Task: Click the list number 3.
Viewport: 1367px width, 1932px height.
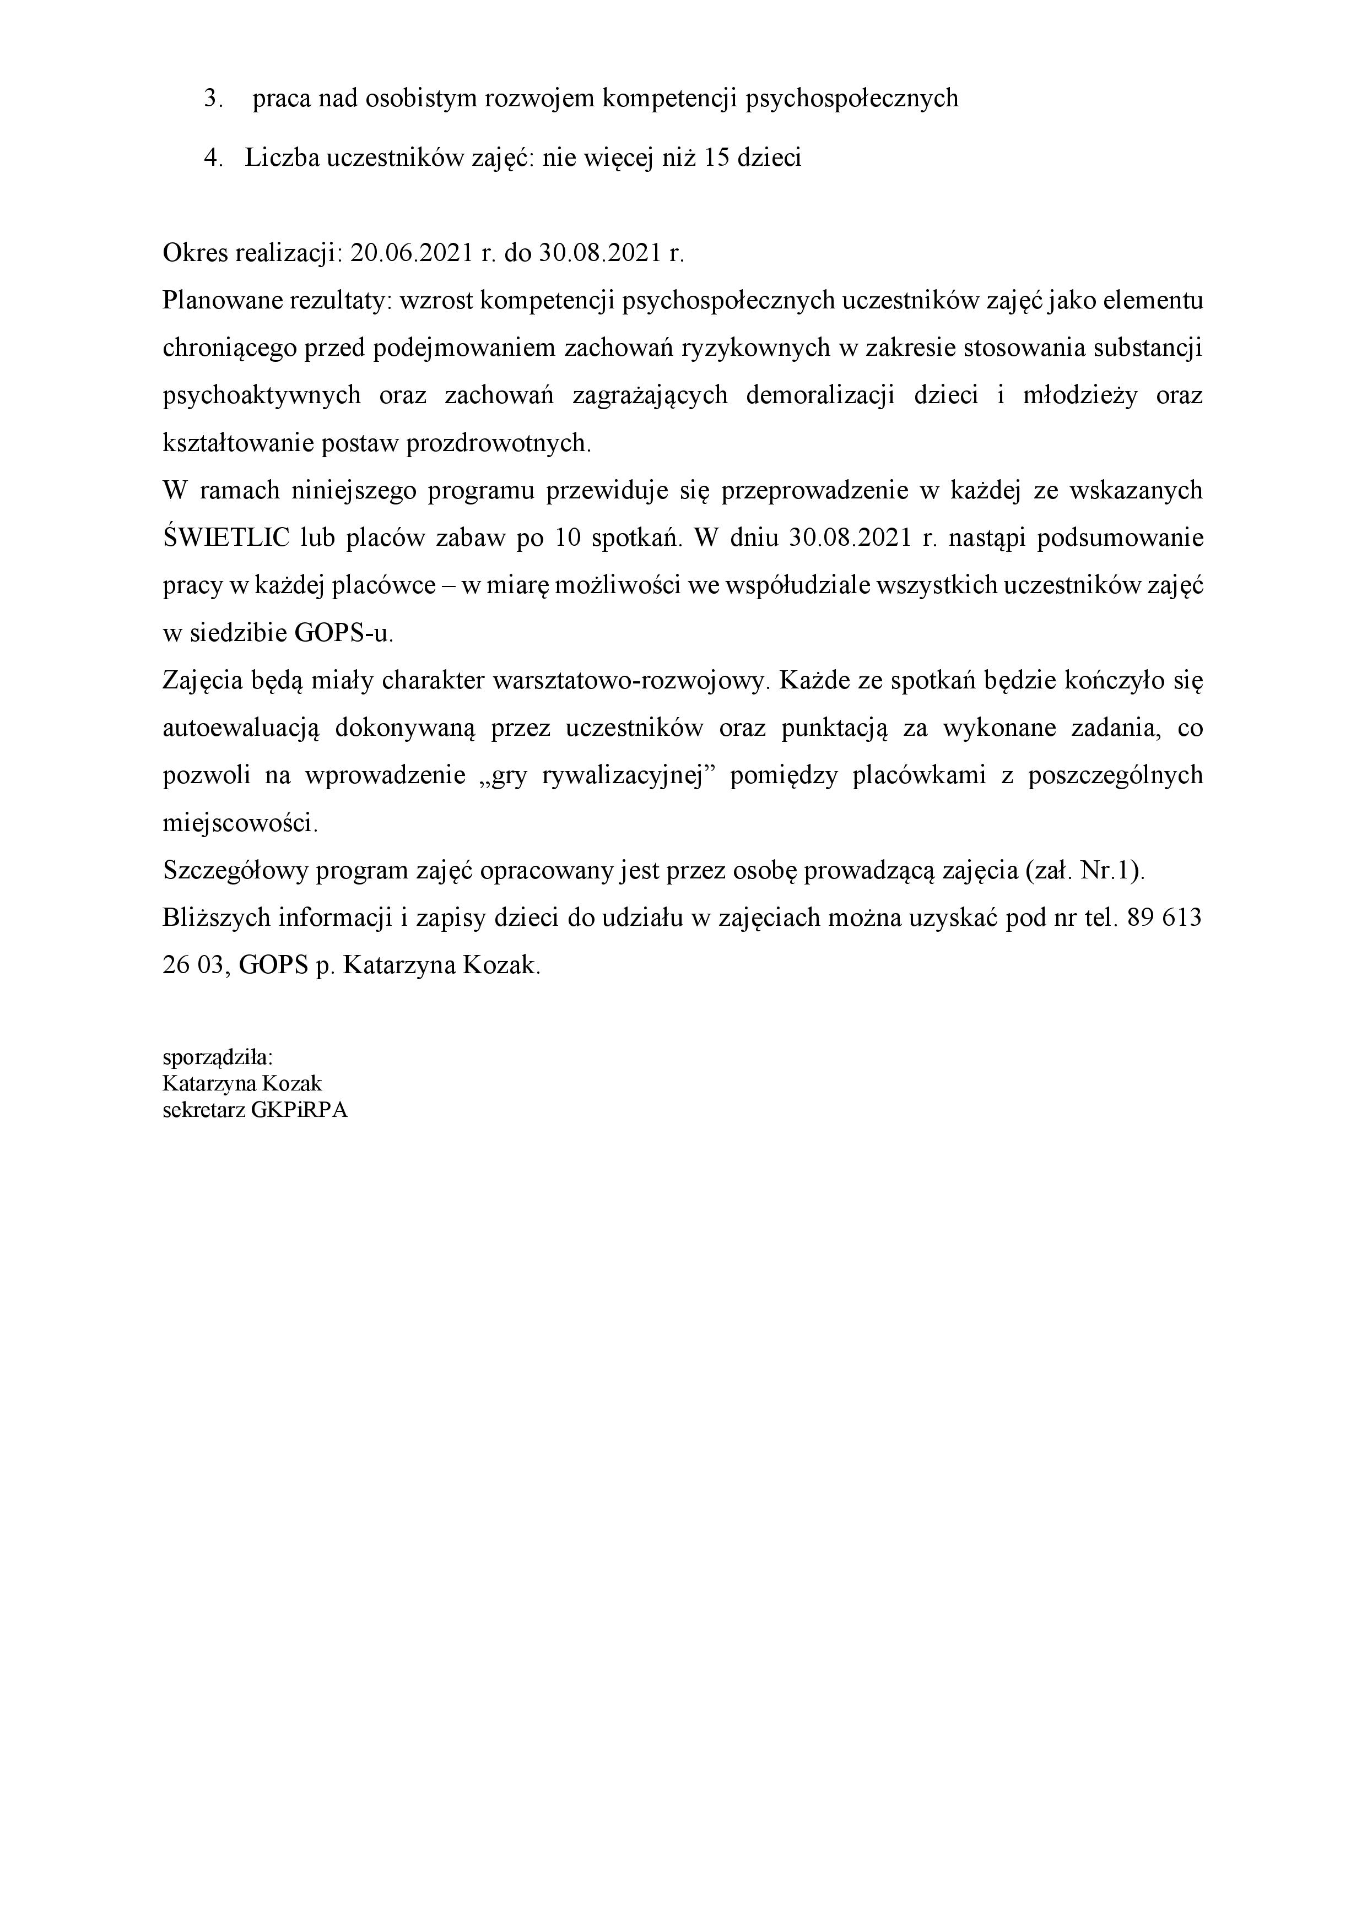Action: tap(213, 99)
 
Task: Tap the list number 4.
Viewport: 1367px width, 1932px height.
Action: tap(213, 158)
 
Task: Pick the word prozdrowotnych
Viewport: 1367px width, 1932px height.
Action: tap(499, 443)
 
